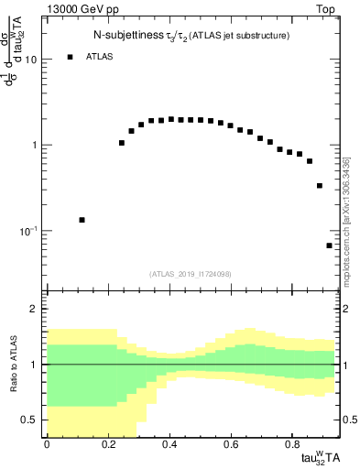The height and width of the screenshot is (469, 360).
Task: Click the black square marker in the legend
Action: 70,57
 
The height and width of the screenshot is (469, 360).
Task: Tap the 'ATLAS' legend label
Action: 100,57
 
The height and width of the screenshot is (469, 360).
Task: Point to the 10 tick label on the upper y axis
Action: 29,60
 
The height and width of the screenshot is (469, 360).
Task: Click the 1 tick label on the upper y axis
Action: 33,146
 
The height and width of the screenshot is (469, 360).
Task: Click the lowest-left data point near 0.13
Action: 82,220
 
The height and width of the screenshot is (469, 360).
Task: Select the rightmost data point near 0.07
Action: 329,245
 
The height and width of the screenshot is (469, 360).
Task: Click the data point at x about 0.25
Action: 122,143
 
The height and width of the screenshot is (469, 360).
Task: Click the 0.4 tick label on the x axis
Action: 169,443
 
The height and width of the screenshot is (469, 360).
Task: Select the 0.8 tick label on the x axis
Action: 290,443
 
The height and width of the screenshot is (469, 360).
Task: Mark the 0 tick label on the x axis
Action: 47,443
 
